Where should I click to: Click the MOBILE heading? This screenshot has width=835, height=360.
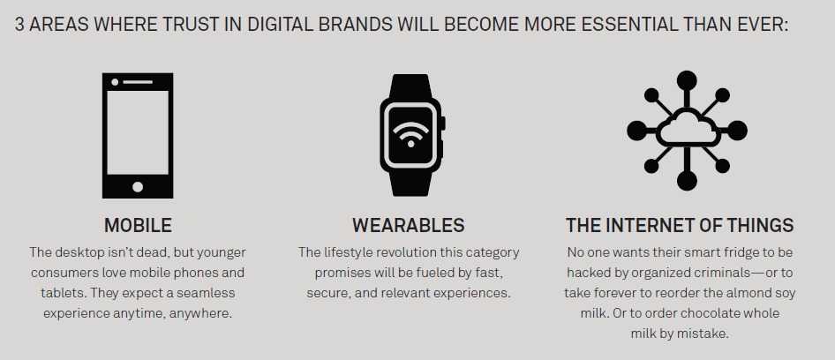(x=138, y=225)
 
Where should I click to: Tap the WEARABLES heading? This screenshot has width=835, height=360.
(x=409, y=225)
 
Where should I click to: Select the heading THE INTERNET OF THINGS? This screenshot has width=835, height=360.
(x=680, y=225)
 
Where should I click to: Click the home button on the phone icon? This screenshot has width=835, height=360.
(x=138, y=187)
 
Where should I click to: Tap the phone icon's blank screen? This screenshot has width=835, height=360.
(x=138, y=132)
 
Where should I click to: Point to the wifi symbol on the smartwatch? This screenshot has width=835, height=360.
(x=410, y=134)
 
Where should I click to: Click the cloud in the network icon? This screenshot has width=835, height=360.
(x=687, y=127)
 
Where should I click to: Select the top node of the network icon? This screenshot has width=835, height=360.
(x=687, y=80)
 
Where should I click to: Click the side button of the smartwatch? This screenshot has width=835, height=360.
(x=442, y=123)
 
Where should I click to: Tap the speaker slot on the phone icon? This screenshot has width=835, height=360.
(x=138, y=82)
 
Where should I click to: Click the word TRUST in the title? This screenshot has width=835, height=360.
(x=192, y=25)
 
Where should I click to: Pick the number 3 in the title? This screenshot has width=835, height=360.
(x=19, y=25)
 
